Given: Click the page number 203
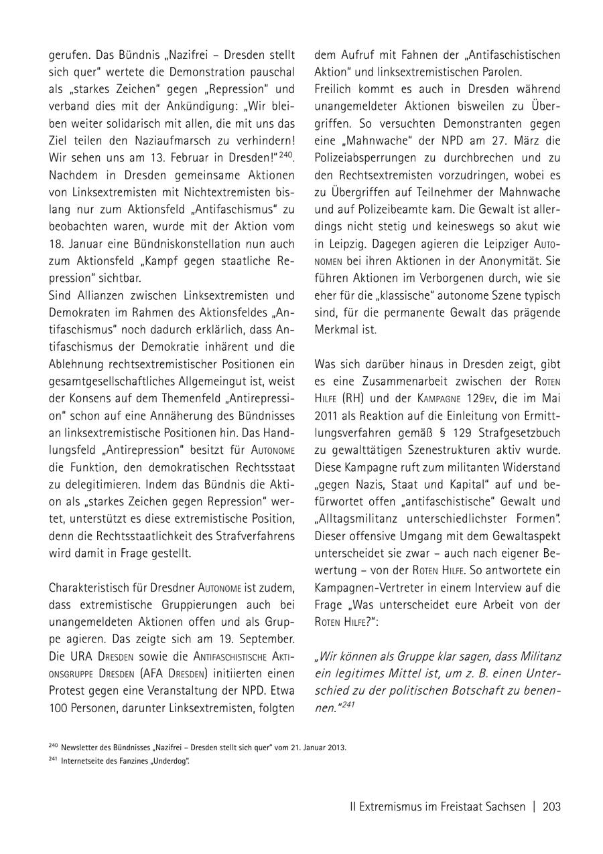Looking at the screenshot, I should (551, 806).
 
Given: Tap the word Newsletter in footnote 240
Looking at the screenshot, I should (79, 747).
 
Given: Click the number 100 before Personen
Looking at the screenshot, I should (58, 707).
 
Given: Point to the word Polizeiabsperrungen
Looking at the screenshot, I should (377, 159).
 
